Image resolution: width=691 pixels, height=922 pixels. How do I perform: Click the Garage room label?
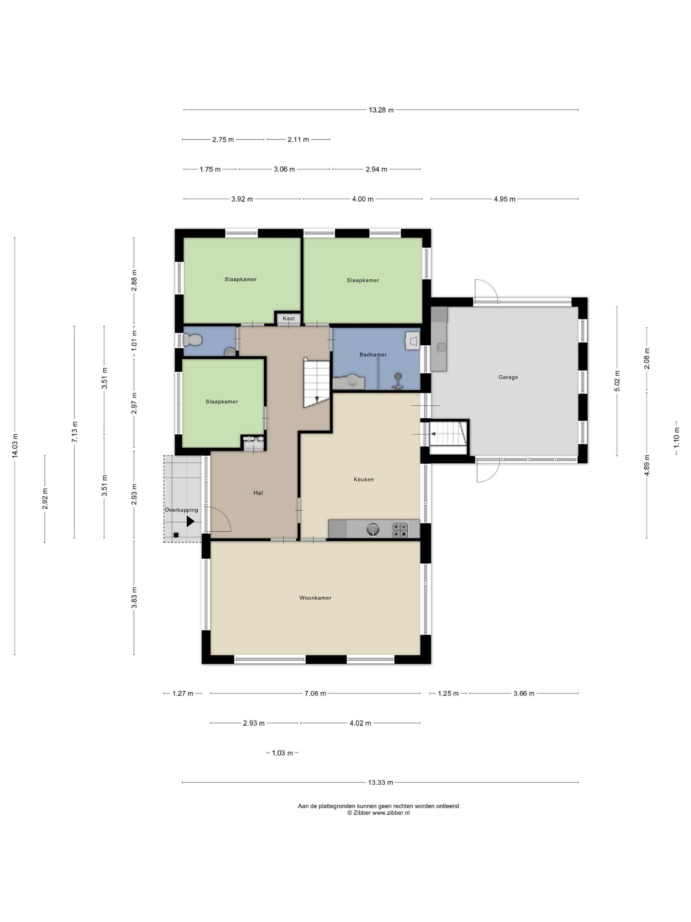point(508,377)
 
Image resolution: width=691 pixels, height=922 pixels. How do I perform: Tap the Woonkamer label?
point(315,598)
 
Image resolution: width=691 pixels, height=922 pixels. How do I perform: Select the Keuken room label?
point(364,479)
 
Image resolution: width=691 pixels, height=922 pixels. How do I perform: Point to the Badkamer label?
point(373,355)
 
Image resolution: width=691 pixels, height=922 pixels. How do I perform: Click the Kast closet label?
point(289,318)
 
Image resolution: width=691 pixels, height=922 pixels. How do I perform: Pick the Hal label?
point(258,493)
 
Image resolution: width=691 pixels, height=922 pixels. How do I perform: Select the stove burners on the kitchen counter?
point(400,529)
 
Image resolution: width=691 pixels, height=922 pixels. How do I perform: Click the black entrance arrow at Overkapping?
point(190,521)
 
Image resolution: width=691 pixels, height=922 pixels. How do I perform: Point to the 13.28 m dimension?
point(381,110)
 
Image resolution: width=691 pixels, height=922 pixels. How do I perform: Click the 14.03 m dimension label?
point(15,446)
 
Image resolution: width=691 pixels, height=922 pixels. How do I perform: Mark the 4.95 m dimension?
point(504,199)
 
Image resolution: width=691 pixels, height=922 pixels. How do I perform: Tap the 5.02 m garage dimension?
point(617,381)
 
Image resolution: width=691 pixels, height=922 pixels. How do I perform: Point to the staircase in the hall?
point(317,382)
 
